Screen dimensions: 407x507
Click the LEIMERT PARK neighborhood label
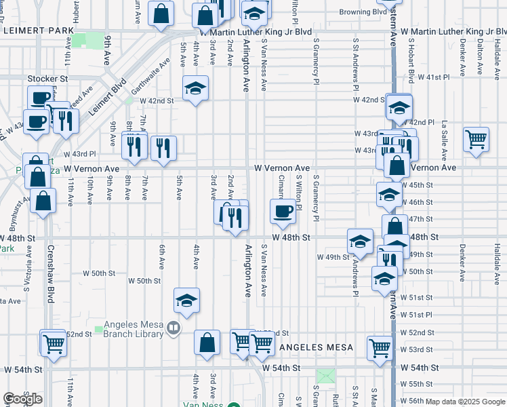(38, 31)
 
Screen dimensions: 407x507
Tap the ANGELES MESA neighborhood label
(316, 347)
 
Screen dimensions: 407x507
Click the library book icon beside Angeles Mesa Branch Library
(174, 329)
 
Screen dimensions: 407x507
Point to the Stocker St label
(48, 79)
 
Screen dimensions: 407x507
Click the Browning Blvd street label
(363, 12)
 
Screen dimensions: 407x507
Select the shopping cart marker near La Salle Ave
(476, 139)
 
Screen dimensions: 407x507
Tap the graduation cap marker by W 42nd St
(196, 88)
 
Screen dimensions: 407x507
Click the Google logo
(22, 399)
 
